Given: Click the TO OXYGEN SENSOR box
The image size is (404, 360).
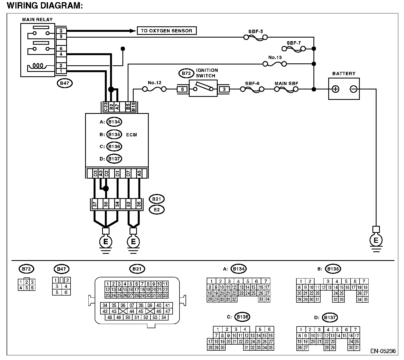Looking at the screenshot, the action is tap(167, 31).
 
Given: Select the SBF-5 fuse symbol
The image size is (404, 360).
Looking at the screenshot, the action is tap(256, 38).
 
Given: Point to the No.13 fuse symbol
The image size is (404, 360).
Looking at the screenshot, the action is tap(275, 64).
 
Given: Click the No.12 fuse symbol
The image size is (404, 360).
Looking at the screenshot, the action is tap(154, 89).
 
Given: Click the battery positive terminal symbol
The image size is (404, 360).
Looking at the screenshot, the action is tap(335, 89).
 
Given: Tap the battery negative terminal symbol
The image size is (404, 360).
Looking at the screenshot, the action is tap(353, 89).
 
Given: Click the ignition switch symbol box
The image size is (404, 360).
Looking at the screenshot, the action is tap(203, 89).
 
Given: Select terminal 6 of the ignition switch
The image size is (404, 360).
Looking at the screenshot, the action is tap(183, 89).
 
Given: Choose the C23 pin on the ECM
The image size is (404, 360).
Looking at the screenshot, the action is tap(106, 107).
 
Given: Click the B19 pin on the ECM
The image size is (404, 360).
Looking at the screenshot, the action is tap(134, 107).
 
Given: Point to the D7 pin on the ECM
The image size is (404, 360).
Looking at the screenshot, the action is tap(128, 173).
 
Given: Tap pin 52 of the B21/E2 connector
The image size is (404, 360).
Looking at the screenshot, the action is tap(128, 204).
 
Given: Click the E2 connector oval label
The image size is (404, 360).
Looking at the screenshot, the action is tap(157, 210).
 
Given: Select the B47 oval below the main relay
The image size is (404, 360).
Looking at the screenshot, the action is tap(64, 83).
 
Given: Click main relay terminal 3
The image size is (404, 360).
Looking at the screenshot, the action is tap(61, 31).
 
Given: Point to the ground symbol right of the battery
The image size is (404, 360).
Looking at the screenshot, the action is tap(376, 239).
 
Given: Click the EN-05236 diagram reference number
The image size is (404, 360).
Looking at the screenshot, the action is tap(383, 351).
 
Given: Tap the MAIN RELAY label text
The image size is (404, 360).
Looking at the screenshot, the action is tap(38, 19).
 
